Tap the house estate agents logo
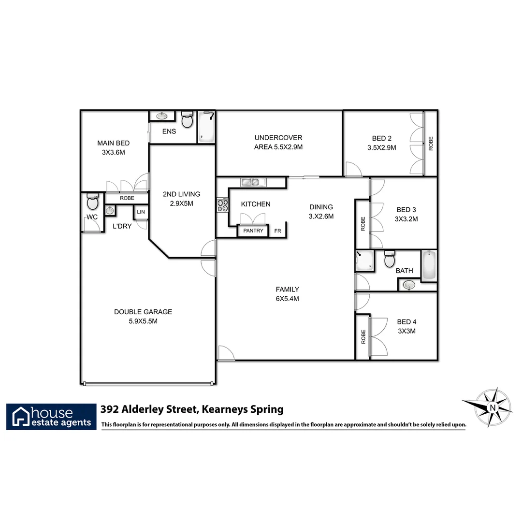click(51, 417)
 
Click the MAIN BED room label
click(113, 143)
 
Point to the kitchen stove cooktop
click(222, 205)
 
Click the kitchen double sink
click(250, 182)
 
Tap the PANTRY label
click(253, 231)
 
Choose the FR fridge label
click(277, 231)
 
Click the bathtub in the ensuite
click(206, 127)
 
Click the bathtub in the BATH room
click(428, 265)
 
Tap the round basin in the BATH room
click(409, 285)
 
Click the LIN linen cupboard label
click(141, 212)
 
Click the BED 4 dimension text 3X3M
click(406, 331)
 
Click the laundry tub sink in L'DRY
click(110, 210)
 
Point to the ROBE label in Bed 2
click(431, 144)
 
